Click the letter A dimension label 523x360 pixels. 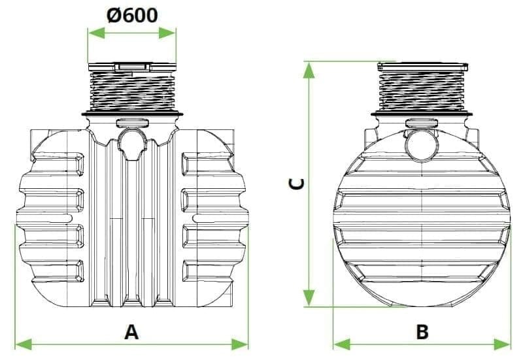tap(131, 332)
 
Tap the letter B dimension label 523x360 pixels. tap(422, 332)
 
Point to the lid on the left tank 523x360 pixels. tap(131, 67)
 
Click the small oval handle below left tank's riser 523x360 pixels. tap(131, 122)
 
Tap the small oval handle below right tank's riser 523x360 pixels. tap(422, 123)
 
